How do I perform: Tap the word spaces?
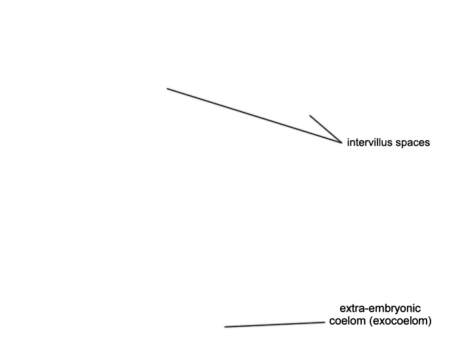pyautogui.click(x=413, y=143)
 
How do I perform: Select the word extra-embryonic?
pyautogui.click(x=380, y=308)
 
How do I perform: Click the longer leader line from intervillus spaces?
pyautogui.click(x=254, y=115)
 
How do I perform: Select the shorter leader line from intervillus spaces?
pyautogui.click(x=326, y=129)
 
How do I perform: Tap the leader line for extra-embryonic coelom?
pyautogui.click(x=275, y=325)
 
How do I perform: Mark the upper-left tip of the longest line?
pyautogui.click(x=167, y=88)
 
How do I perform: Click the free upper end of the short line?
pyautogui.click(x=310, y=115)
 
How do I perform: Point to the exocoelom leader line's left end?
pyautogui.click(x=224, y=327)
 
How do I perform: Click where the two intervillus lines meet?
pyautogui.click(x=342, y=143)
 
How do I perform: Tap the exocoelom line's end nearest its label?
pyautogui.click(x=325, y=322)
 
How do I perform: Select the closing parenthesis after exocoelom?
pyautogui.click(x=430, y=321)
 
